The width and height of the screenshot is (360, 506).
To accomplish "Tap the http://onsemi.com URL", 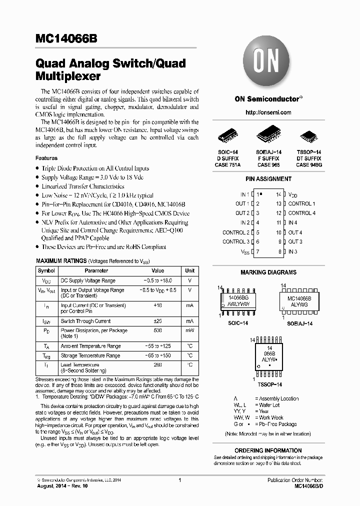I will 268,112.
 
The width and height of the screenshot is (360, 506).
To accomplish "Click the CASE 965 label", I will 268,164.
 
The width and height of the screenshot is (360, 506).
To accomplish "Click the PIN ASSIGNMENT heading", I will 268,179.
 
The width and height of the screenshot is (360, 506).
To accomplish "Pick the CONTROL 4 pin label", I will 301,213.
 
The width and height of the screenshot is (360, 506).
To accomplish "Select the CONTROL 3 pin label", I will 235,242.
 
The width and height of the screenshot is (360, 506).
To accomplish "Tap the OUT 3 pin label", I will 295,242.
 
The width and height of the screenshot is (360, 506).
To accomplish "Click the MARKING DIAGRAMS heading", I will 268,272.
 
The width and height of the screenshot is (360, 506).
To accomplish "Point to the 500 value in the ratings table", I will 157,330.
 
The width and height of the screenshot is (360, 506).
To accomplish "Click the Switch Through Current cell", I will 85,321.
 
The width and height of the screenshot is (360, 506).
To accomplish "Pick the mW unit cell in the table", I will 189,330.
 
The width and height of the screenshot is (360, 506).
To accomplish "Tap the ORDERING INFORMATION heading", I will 268,450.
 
